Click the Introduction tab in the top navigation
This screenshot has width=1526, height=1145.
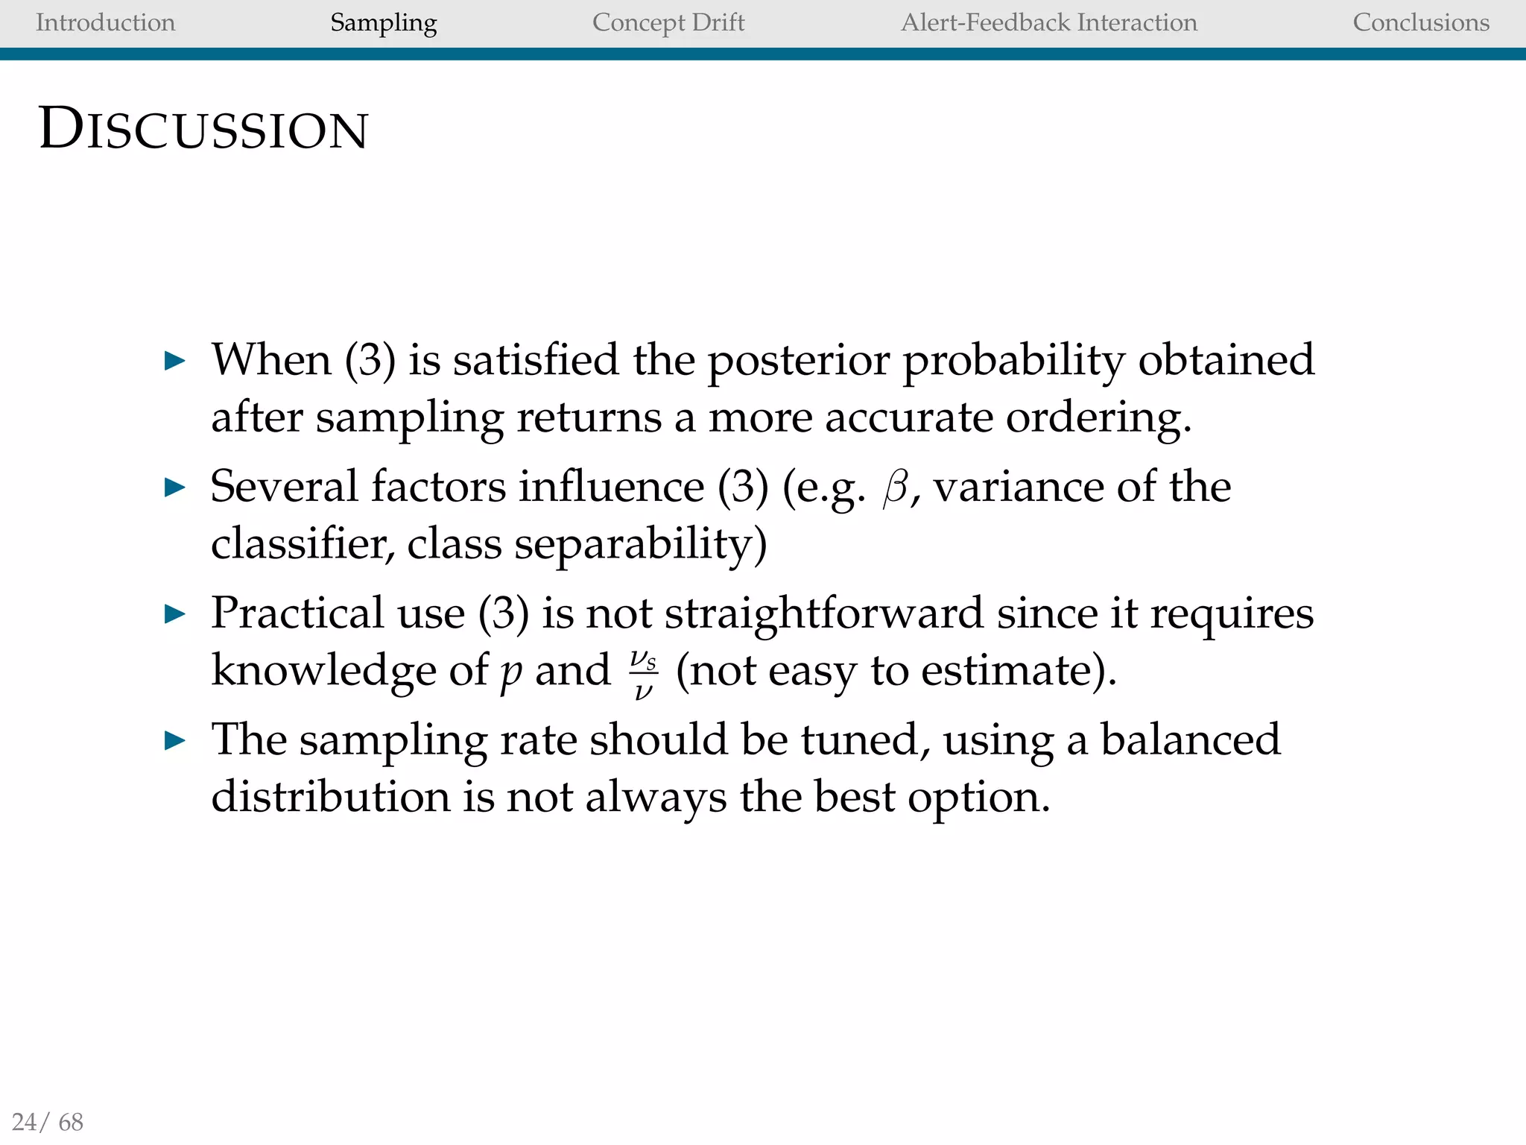click(105, 22)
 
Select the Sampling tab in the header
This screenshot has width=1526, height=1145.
click(383, 22)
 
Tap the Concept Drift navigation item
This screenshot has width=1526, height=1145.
click(668, 22)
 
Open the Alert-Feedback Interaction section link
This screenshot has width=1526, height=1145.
click(1049, 22)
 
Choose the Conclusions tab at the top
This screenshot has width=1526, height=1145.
click(1421, 22)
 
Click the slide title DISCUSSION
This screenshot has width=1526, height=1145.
click(203, 130)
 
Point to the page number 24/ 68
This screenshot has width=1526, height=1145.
click(48, 1121)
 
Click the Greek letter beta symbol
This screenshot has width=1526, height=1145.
click(896, 489)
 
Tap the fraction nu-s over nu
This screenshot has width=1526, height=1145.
click(643, 674)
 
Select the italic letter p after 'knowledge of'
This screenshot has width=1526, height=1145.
click(511, 672)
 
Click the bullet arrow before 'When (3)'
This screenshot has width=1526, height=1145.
click(174, 362)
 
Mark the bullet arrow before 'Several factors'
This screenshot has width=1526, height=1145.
click(174, 488)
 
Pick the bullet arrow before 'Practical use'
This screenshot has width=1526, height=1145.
click(174, 615)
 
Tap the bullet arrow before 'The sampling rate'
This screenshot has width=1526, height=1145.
click(174, 741)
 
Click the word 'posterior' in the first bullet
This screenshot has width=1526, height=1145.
click(798, 362)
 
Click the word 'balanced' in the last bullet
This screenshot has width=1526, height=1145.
click(1190, 739)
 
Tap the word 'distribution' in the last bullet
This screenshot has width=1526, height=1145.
click(331, 796)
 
